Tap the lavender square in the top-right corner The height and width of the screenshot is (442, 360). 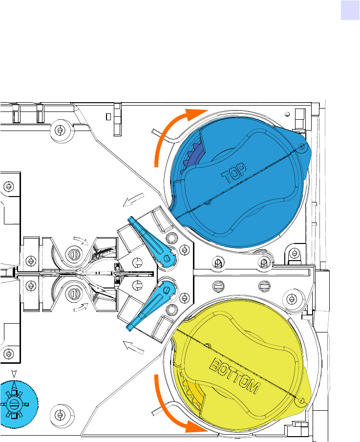(x=350, y=10)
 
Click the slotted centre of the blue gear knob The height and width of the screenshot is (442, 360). (x=14, y=404)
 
